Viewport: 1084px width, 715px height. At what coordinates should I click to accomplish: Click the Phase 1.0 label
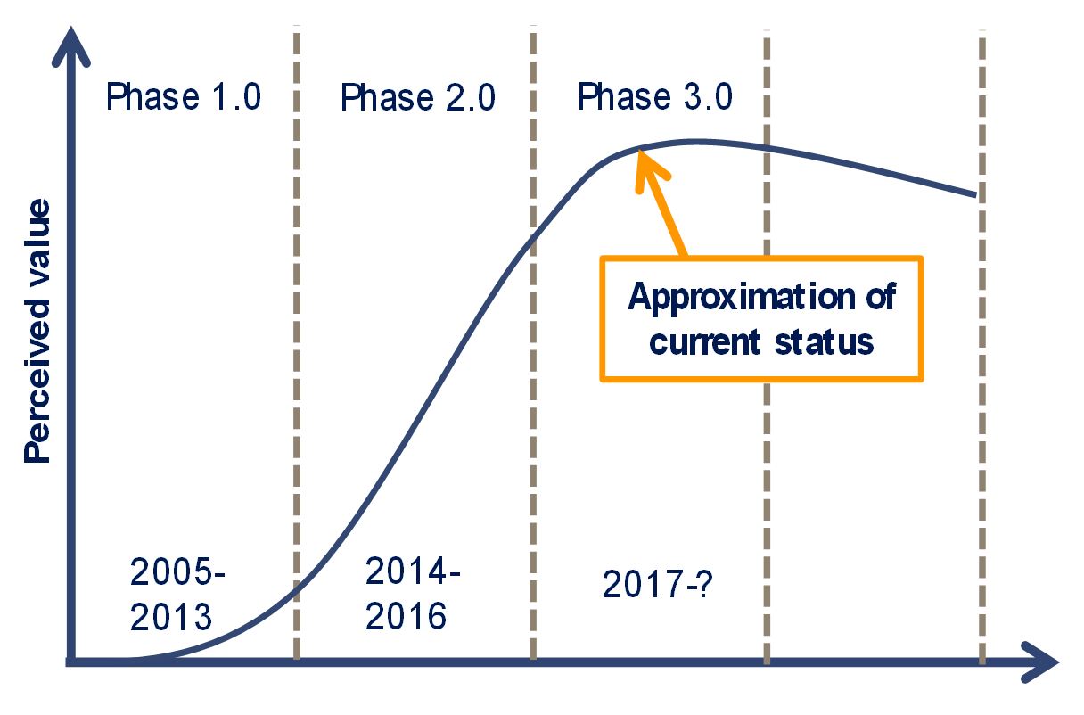click(x=184, y=96)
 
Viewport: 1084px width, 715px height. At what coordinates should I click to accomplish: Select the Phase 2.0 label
click(x=418, y=97)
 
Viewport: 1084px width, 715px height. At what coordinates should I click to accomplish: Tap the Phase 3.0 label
click(x=654, y=96)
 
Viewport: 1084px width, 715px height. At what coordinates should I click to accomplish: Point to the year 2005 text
click(x=172, y=571)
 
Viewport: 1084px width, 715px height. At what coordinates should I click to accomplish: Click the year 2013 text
click(x=171, y=616)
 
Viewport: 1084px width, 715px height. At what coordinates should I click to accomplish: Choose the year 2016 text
click(x=406, y=616)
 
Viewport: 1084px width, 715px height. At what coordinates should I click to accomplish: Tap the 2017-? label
click(x=658, y=584)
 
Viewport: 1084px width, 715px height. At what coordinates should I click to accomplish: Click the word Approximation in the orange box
click(x=742, y=298)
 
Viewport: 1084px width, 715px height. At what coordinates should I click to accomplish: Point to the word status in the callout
click(x=824, y=342)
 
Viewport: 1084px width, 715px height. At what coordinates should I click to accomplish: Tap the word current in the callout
click(x=704, y=342)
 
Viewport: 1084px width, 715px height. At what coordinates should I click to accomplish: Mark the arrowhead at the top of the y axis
click(x=71, y=46)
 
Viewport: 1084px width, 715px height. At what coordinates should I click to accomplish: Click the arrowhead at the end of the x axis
click(x=1041, y=662)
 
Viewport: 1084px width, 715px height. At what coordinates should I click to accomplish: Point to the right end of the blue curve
click(x=975, y=194)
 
